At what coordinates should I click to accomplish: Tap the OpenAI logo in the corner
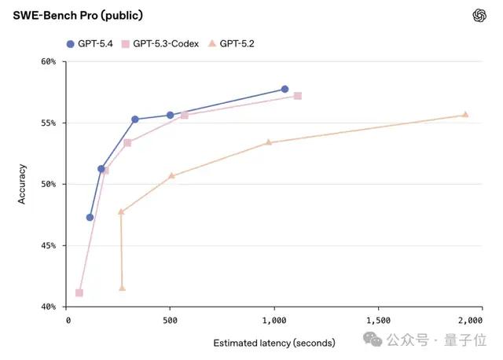tap(479, 16)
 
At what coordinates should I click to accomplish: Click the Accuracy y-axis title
tap(22, 184)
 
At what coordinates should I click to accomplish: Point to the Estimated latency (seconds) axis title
tap(274, 343)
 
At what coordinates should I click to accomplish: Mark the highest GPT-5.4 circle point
tap(285, 89)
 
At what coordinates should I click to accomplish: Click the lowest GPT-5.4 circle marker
tap(90, 217)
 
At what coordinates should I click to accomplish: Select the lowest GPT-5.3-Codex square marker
tap(79, 292)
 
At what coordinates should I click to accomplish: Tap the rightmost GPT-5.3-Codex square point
tap(298, 96)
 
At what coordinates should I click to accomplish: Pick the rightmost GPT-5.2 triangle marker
tap(465, 114)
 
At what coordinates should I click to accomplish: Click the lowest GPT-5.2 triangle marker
tap(122, 288)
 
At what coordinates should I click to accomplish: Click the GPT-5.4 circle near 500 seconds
tap(170, 115)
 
